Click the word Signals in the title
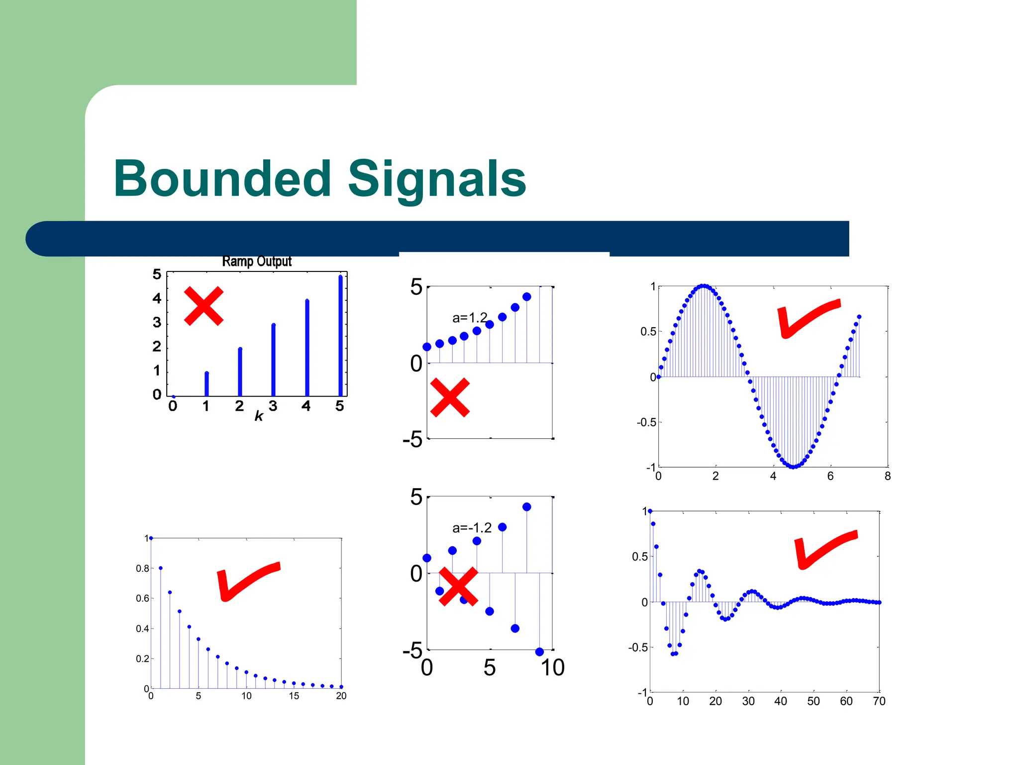pos(437,179)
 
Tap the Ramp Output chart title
pos(257,261)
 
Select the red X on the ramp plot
pos(204,306)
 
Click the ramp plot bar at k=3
pos(273,360)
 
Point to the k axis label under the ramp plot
pos(259,416)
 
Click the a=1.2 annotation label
pos(470,318)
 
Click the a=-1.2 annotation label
pos(472,528)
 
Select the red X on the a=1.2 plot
pos(450,397)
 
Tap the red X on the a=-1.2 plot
pos(458,587)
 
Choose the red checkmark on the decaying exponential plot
pos(247,581)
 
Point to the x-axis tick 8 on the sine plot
pos(888,476)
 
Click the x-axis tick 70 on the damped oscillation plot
pos(879,701)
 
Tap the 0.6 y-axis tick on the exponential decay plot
pos(142,598)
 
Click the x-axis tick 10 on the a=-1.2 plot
pos(553,668)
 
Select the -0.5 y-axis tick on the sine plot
pos(646,422)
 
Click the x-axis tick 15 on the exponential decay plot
pos(294,696)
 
